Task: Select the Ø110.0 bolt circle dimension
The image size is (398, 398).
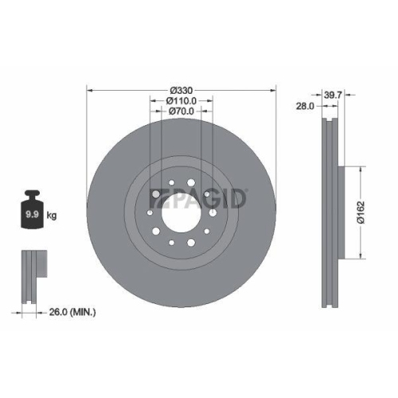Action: tap(181, 101)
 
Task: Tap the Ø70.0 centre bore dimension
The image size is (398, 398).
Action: tap(181, 113)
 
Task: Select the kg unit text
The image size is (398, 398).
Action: tap(52, 215)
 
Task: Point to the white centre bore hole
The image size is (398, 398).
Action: tap(181, 213)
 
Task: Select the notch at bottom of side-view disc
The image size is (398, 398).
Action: tap(328, 303)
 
